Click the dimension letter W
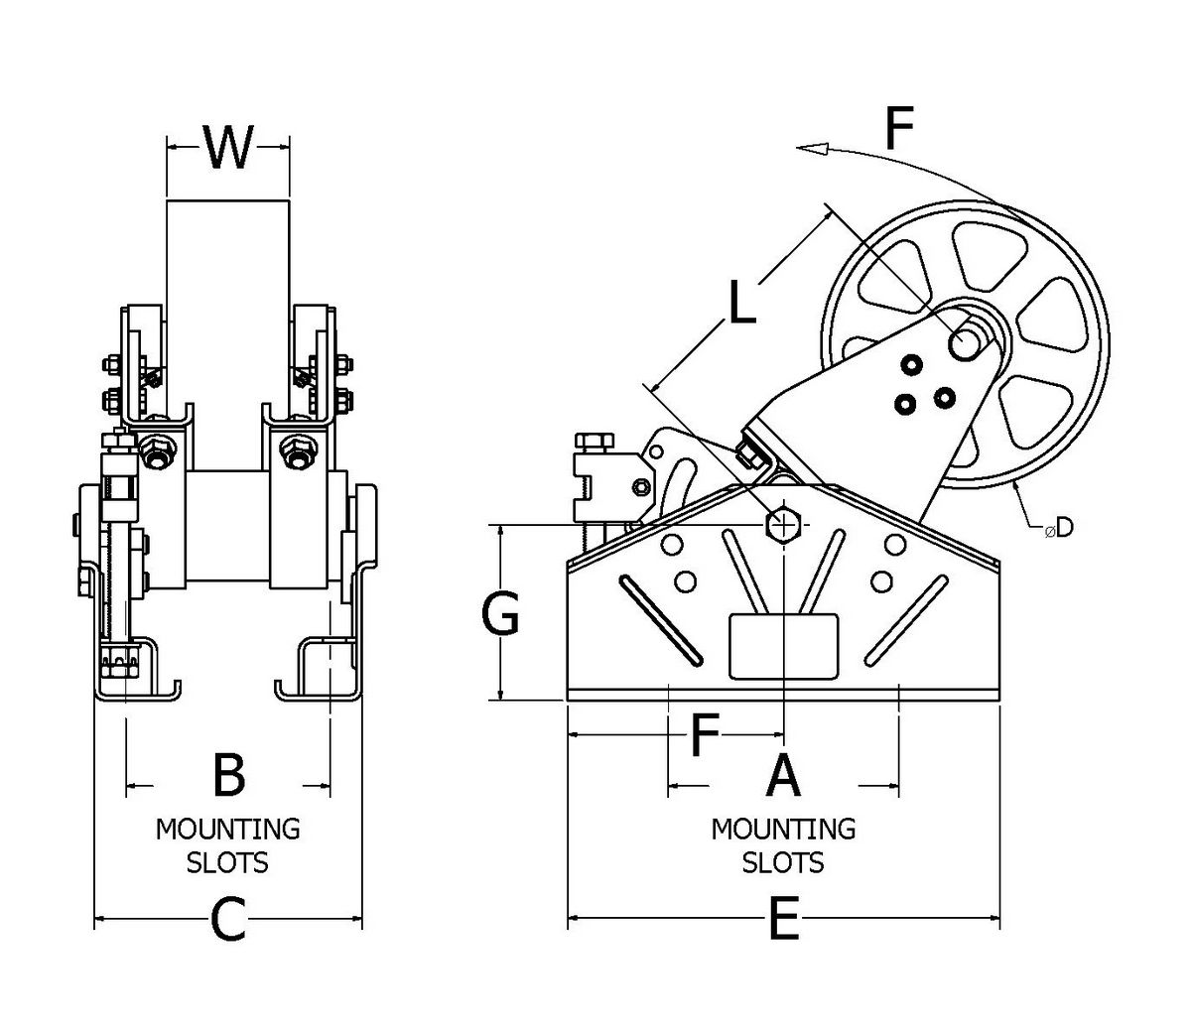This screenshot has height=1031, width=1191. click(x=228, y=149)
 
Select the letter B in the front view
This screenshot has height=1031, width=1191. click(x=229, y=776)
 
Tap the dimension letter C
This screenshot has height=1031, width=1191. click(x=228, y=923)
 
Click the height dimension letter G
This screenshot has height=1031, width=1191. click(x=500, y=617)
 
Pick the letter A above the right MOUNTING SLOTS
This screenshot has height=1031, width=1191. click(x=783, y=776)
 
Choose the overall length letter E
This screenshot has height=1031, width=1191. click(x=783, y=923)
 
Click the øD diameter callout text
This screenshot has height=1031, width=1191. click(x=1058, y=529)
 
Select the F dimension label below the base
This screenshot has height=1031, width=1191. click(x=703, y=736)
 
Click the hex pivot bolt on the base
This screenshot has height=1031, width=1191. click(x=784, y=524)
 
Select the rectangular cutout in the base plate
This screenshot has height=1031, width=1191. click(x=783, y=646)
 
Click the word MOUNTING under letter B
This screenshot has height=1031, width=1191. click(x=227, y=828)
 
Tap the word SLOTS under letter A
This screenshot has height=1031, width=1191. click(x=783, y=862)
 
